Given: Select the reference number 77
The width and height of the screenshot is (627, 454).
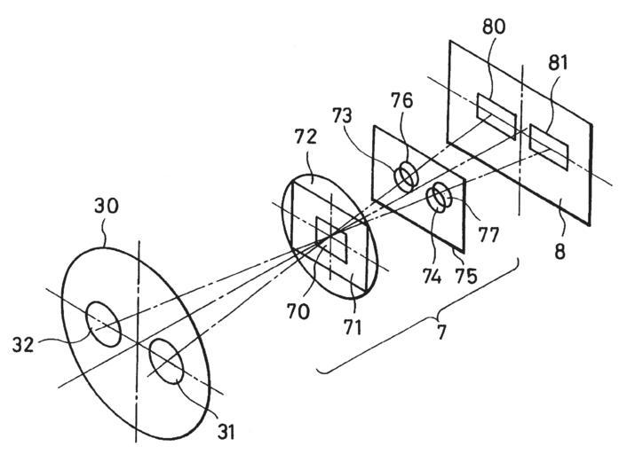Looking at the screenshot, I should [487, 237].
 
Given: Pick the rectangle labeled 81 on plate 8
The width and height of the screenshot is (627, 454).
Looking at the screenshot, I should [550, 146].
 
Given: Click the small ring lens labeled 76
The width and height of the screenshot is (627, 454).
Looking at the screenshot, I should [405, 176].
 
